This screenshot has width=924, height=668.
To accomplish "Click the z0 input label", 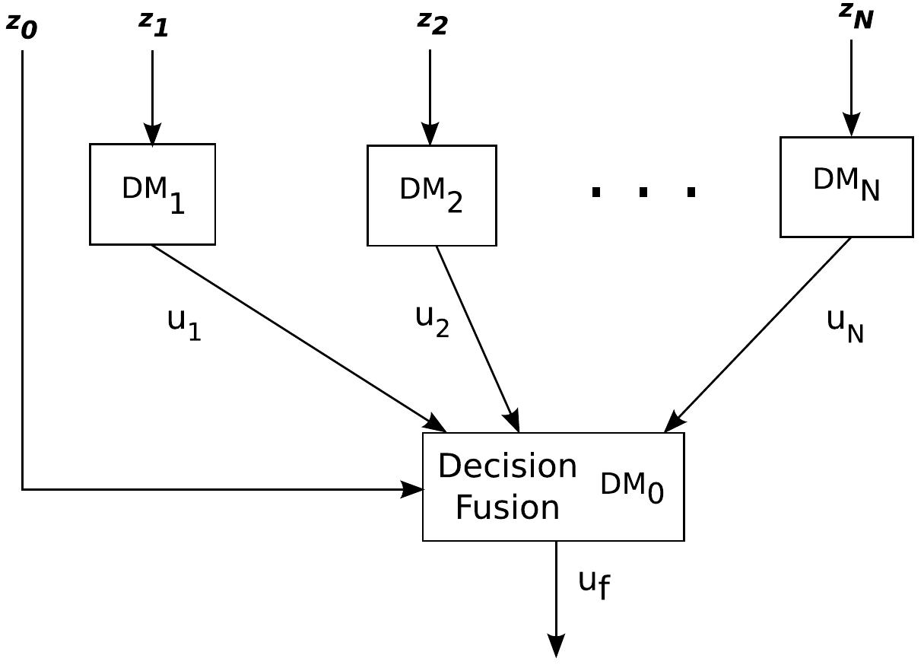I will point(21,25).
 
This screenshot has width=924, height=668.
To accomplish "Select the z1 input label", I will point(153,24).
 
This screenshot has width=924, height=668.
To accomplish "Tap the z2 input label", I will point(432,23).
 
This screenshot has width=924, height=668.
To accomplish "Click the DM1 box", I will point(152,194).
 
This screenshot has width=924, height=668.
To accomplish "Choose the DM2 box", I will point(431,196).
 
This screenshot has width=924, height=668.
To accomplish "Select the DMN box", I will point(846,187).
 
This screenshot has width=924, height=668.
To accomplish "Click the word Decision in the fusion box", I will point(507,466).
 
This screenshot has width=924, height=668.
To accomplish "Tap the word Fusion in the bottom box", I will point(507,507).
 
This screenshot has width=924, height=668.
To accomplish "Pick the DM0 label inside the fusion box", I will point(631,485).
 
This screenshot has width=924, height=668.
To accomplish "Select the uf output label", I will point(593,583).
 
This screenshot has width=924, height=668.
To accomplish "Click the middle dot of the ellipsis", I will point(643,192).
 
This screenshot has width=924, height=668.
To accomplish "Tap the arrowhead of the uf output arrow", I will point(556,647).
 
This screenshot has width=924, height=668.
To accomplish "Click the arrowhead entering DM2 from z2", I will point(430,135).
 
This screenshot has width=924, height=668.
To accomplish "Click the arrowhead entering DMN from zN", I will point(851,126).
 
